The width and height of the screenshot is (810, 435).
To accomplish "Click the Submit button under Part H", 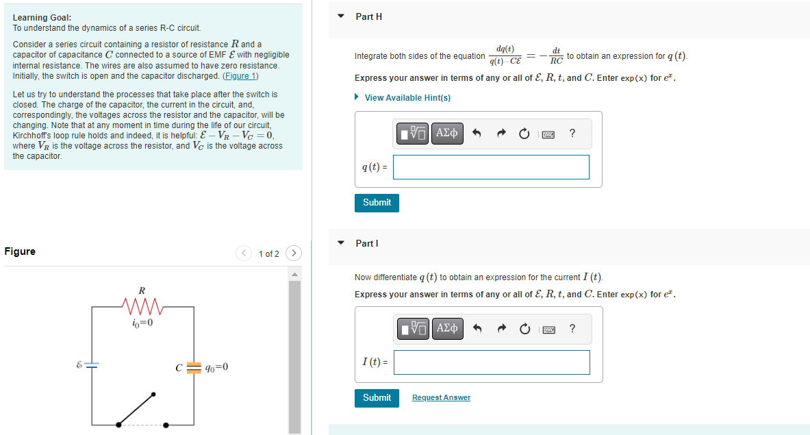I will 377,203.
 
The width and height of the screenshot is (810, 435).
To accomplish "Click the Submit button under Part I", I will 377,398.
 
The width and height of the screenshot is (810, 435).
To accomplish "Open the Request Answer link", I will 441,398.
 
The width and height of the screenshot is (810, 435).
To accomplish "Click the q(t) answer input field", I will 491,167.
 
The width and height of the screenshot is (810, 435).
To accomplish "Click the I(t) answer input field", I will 491,362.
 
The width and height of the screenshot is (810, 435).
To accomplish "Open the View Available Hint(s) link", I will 407,98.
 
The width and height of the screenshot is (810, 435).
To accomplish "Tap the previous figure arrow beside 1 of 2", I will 244,253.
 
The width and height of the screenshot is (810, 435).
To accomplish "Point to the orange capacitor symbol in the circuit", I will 194,367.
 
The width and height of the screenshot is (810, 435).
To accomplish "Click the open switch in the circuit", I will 137,408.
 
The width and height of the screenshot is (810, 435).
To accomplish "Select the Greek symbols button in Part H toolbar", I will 447,133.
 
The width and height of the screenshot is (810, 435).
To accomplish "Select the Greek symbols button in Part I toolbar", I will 447,329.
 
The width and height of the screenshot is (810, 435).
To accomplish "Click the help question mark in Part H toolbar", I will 572,133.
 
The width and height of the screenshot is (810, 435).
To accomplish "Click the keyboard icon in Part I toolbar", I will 548,329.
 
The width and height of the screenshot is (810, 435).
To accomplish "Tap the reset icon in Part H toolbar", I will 524,133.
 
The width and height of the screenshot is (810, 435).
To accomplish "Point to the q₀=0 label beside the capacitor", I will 216,367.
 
